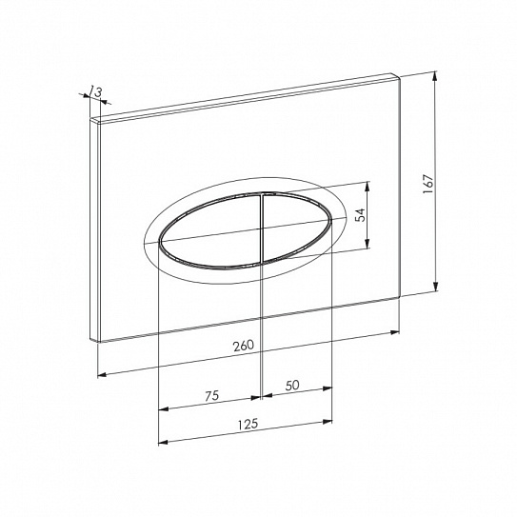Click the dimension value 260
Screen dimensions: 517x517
point(244,346)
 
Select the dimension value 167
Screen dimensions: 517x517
point(428,184)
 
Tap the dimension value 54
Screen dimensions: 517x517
point(361,215)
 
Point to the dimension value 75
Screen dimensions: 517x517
point(211,396)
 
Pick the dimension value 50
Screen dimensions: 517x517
point(292,385)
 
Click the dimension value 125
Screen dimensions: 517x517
point(248,424)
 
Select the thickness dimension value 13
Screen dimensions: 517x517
point(95,91)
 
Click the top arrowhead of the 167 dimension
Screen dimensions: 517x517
point(435,76)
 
